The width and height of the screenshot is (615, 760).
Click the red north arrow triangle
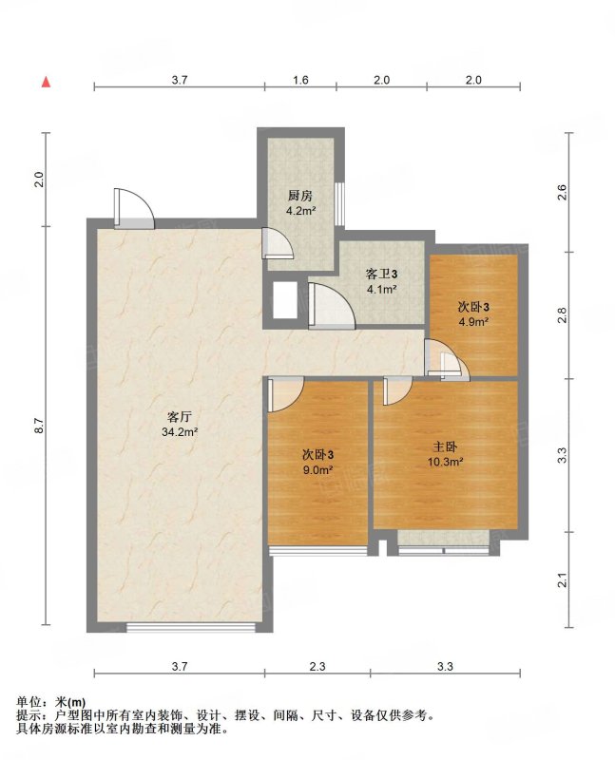(46, 83)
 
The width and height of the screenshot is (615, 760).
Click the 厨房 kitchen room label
(300, 196)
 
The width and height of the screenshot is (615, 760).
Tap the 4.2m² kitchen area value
(300, 211)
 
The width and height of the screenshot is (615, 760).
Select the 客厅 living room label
(179, 417)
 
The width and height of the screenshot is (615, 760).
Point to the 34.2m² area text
(180, 432)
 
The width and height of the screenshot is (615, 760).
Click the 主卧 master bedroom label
(445, 446)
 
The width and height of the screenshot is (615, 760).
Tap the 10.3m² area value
(445, 462)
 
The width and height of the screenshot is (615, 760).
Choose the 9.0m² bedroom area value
(317, 469)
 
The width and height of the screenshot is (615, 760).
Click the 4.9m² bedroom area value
(472, 321)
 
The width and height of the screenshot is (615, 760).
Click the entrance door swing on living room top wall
(134, 208)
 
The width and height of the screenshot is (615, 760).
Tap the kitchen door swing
(278, 242)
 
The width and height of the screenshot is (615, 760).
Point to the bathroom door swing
(332, 305)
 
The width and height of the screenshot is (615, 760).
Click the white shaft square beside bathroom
(285, 300)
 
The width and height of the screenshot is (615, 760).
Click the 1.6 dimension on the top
(300, 80)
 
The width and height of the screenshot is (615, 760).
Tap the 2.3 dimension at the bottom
(317, 667)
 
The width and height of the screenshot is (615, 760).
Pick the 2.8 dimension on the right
(562, 315)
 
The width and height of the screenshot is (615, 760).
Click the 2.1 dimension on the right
(562, 579)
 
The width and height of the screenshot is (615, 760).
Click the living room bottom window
(191, 628)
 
